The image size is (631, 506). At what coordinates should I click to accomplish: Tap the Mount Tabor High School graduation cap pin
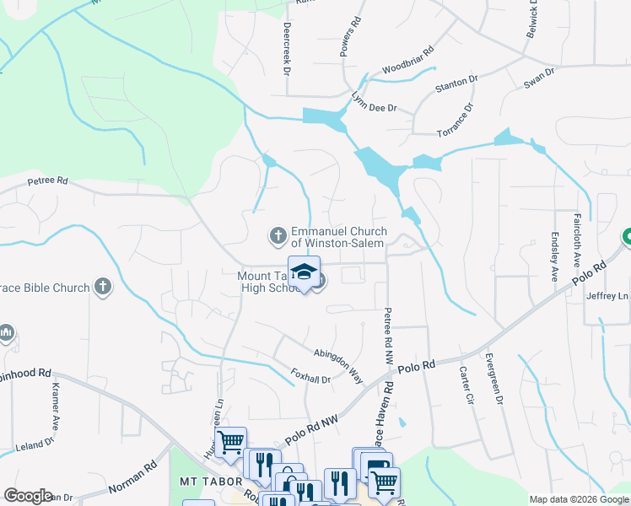(x=304, y=272)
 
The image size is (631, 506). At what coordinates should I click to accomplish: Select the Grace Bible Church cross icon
(x=102, y=288)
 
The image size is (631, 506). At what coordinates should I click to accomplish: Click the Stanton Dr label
(x=456, y=85)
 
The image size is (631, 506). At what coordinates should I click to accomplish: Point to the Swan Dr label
(x=539, y=78)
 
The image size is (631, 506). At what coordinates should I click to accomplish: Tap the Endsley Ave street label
(x=554, y=256)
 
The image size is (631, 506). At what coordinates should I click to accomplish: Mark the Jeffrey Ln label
(x=612, y=296)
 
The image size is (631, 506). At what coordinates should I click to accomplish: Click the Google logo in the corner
(x=28, y=496)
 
